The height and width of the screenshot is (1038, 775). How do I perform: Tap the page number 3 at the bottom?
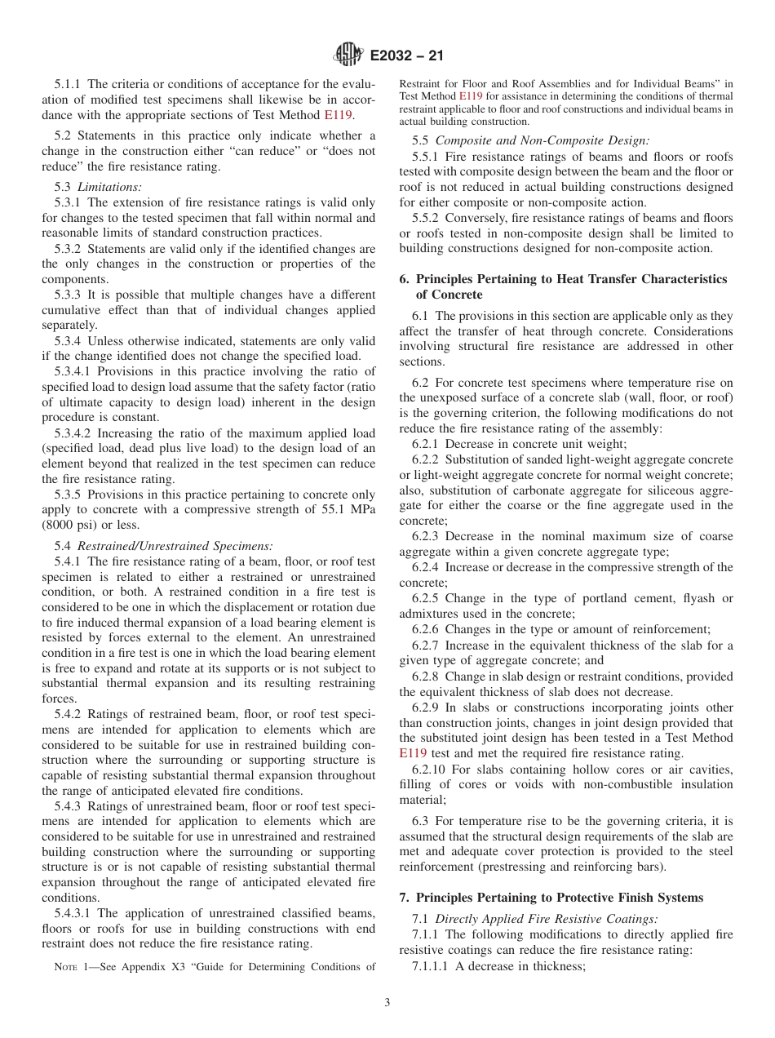[387, 1003]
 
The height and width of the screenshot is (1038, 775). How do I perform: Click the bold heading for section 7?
[551, 898]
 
